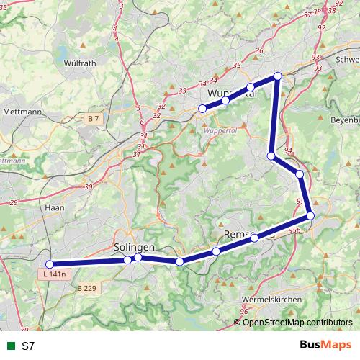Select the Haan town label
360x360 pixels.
(55, 207)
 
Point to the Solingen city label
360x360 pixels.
(134, 247)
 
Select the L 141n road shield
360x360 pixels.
(54, 274)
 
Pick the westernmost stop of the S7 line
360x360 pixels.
(50, 264)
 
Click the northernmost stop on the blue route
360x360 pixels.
(277, 76)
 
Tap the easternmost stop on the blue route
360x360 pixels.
(310, 215)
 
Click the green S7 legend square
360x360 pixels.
(9, 346)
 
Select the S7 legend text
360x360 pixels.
(28, 346)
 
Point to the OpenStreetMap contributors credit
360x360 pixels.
(297, 322)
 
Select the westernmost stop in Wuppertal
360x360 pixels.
(202, 109)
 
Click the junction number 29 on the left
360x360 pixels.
(14, 204)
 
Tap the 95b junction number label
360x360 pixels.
(294, 230)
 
